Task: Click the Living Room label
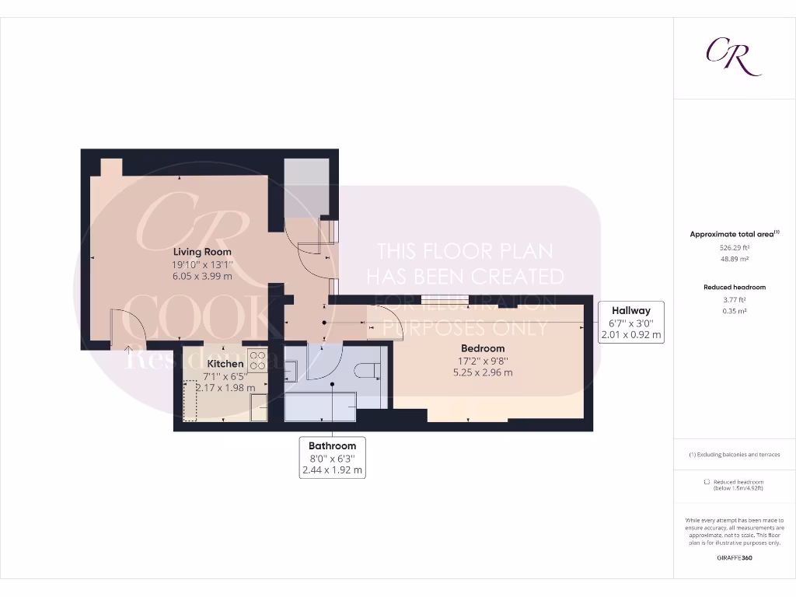(x=202, y=252)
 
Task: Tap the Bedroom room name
(x=483, y=348)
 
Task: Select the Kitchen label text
(x=225, y=363)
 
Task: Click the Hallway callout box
(x=630, y=323)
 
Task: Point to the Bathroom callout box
(x=332, y=458)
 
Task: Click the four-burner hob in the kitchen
(x=257, y=360)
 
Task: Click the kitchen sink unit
(x=259, y=407)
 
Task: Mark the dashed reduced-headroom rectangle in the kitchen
(x=190, y=400)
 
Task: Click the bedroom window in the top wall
(x=445, y=298)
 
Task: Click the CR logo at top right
(x=733, y=56)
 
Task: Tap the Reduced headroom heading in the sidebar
(x=734, y=287)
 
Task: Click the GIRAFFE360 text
(x=734, y=557)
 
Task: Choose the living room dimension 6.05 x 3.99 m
(x=202, y=276)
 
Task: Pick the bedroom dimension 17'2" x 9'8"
(x=483, y=361)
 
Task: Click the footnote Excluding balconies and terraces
(x=734, y=455)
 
